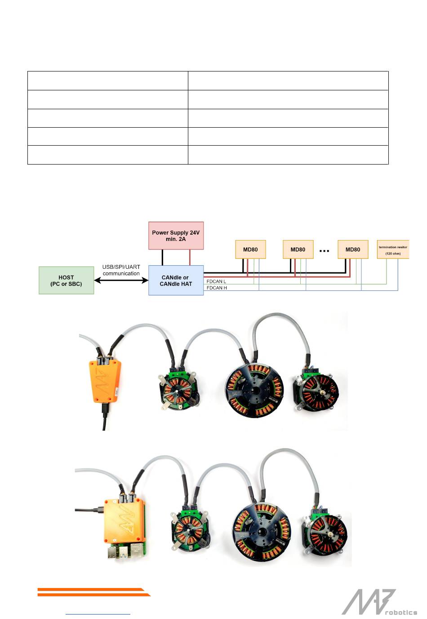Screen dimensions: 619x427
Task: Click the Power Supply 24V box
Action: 176,236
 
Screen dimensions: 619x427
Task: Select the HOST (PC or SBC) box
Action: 66,281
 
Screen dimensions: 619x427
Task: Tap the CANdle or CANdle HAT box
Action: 176,281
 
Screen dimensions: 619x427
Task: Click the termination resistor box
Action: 393,249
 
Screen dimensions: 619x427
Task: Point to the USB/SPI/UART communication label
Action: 121,270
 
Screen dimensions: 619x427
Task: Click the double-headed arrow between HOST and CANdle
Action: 121,281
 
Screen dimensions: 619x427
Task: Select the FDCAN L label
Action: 216,281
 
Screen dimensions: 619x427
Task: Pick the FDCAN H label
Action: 217,288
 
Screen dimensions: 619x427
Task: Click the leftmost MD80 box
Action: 250,249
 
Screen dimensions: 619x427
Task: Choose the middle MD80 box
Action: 298,249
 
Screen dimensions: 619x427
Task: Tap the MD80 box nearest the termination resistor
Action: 353,249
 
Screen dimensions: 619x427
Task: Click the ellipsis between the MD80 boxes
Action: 324,250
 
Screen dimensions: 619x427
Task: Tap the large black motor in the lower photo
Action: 262,531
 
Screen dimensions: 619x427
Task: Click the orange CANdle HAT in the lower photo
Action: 125,521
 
